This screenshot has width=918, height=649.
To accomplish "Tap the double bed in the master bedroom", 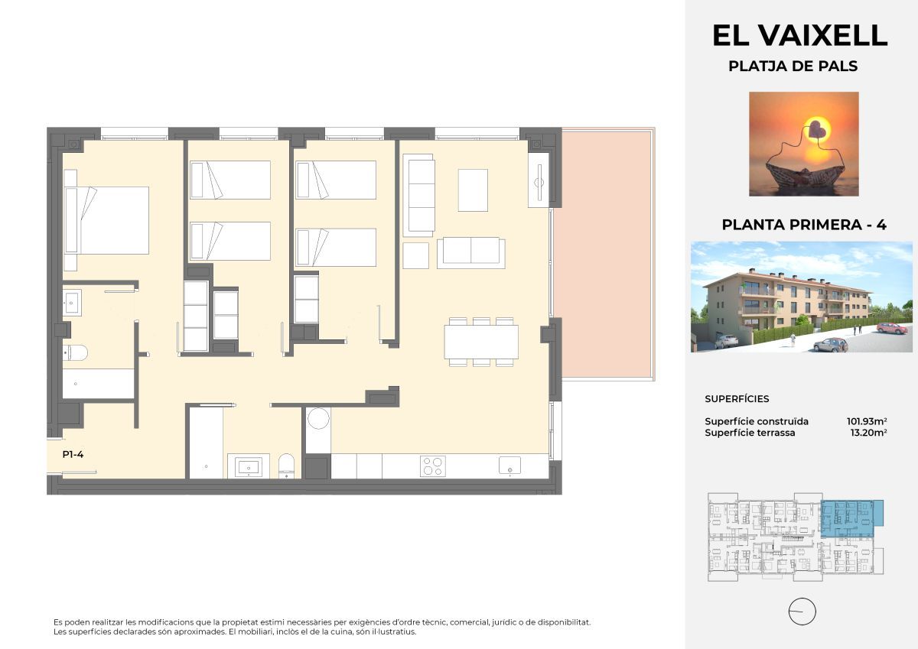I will click(x=107, y=220).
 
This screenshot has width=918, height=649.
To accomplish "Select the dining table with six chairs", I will click(x=481, y=342).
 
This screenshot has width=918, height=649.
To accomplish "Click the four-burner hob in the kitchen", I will click(x=433, y=466).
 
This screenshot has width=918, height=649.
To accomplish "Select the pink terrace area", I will click(x=604, y=252).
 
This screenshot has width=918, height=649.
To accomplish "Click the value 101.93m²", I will click(x=866, y=421).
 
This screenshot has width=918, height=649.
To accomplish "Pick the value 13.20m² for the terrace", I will click(x=868, y=433).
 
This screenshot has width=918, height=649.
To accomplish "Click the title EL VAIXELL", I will click(x=799, y=35).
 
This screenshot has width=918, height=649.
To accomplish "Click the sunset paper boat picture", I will click(x=803, y=144).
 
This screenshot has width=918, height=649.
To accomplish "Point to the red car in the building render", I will click(x=891, y=328).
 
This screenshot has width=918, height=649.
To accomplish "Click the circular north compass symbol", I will click(x=802, y=612).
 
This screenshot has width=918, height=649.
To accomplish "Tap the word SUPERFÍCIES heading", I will click(x=737, y=399).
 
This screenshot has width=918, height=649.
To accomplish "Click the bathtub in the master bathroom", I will click(x=98, y=384).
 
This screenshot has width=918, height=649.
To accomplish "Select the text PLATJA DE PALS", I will click(x=793, y=67).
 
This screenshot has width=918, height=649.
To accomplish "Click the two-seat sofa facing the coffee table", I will click(x=470, y=252).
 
